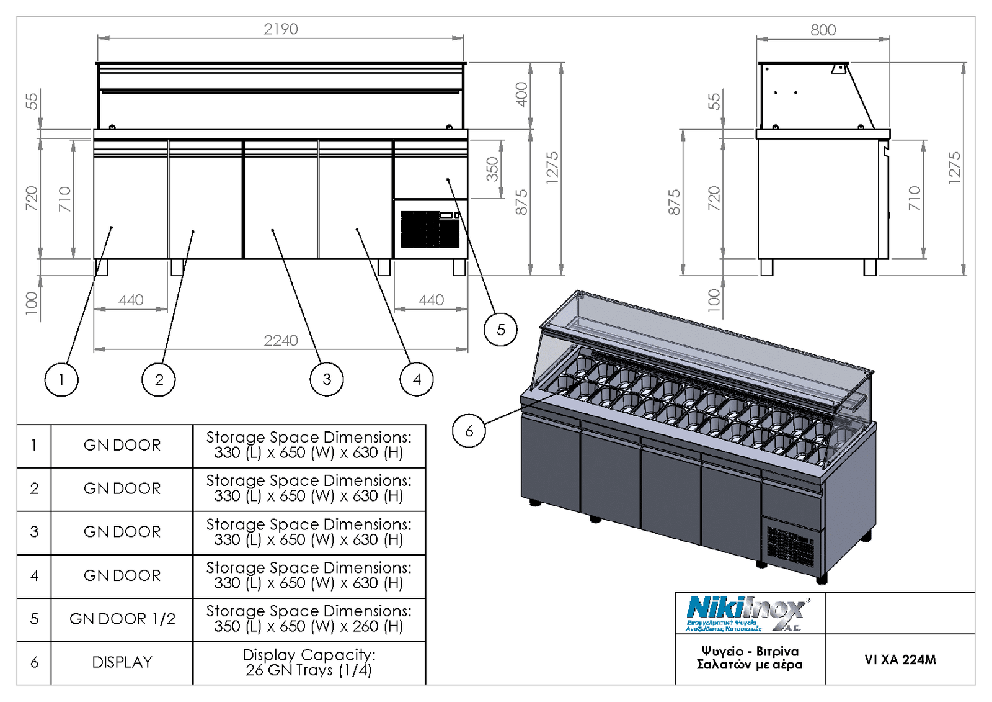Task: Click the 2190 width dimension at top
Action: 281,29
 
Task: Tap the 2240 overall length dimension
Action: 281,340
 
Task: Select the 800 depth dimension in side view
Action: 823,30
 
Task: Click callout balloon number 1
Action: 61,379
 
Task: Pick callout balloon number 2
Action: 159,379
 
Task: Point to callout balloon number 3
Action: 327,379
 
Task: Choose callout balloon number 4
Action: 417,379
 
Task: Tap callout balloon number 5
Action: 500,330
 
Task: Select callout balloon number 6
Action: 469,431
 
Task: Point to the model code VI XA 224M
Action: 900,660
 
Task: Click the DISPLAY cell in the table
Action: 122,662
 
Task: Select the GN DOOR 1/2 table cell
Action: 122,619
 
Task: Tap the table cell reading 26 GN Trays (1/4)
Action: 309,663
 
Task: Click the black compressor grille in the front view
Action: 430,229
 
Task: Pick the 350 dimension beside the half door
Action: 492,169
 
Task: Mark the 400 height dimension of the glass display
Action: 521,94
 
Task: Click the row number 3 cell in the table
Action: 34,532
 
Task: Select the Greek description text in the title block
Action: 750,658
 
